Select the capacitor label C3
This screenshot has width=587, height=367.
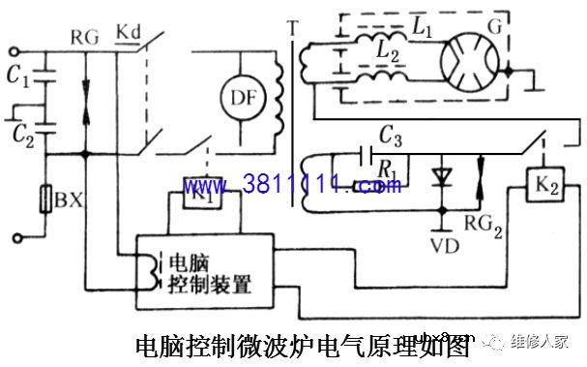(392, 134)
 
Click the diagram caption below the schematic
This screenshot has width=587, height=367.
(301, 345)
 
